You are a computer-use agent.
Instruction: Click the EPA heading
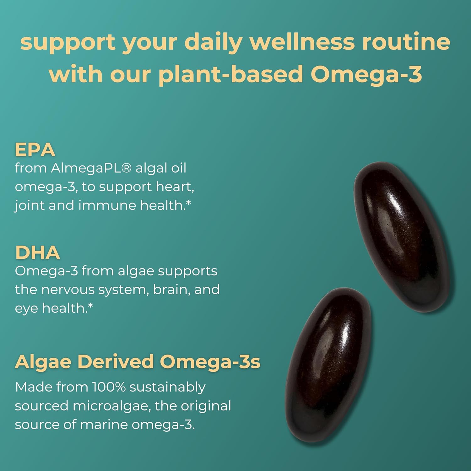[x=35, y=150]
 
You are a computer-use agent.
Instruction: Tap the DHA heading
[x=37, y=253]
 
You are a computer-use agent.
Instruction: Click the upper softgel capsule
[x=404, y=237]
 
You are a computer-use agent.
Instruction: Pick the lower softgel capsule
[x=328, y=364]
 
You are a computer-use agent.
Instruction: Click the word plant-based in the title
[x=230, y=74]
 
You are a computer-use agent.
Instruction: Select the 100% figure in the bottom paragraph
[x=109, y=387]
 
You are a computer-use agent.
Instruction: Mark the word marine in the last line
[x=103, y=425]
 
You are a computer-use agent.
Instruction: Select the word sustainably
[x=167, y=387]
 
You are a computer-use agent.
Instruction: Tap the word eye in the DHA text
[x=26, y=309]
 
